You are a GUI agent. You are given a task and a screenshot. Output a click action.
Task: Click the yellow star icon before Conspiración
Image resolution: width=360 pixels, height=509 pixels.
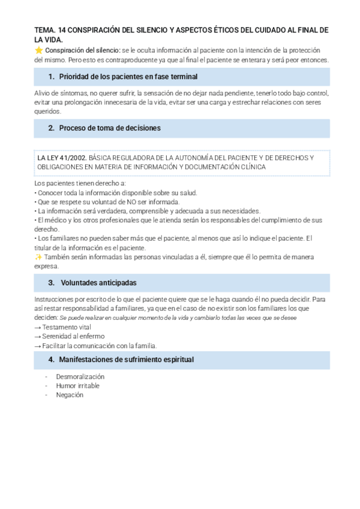(x=38, y=50)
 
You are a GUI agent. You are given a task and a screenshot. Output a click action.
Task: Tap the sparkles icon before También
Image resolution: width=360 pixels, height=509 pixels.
(x=38, y=257)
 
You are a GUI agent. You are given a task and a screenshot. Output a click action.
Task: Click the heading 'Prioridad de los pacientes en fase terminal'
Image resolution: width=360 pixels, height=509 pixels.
(x=128, y=77)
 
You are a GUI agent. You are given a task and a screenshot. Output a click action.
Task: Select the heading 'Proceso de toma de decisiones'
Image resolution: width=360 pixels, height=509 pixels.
(x=109, y=128)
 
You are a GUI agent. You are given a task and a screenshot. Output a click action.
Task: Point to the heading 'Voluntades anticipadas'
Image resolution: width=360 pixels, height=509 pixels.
(x=99, y=283)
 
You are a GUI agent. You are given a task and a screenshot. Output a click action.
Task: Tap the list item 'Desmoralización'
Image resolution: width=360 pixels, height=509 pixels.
(x=80, y=376)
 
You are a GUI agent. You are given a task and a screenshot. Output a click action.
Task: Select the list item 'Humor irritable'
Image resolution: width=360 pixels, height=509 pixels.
(x=77, y=385)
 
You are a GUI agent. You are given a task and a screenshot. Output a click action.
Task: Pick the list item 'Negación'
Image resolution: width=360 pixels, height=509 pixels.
(x=70, y=395)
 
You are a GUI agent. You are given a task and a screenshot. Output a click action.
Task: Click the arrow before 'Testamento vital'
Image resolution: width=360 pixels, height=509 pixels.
(x=38, y=327)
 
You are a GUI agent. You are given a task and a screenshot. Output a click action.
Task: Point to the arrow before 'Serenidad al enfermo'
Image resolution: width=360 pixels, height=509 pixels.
(x=38, y=337)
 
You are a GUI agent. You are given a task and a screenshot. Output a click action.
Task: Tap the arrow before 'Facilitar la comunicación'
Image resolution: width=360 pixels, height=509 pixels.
(x=38, y=346)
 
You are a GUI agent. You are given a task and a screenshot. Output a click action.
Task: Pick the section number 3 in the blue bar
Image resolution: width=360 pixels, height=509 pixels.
(x=51, y=283)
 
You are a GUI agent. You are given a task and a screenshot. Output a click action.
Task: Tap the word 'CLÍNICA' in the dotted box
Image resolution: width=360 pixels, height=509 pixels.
(x=252, y=167)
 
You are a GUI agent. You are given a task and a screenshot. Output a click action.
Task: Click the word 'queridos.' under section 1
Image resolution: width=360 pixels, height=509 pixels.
(x=48, y=112)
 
